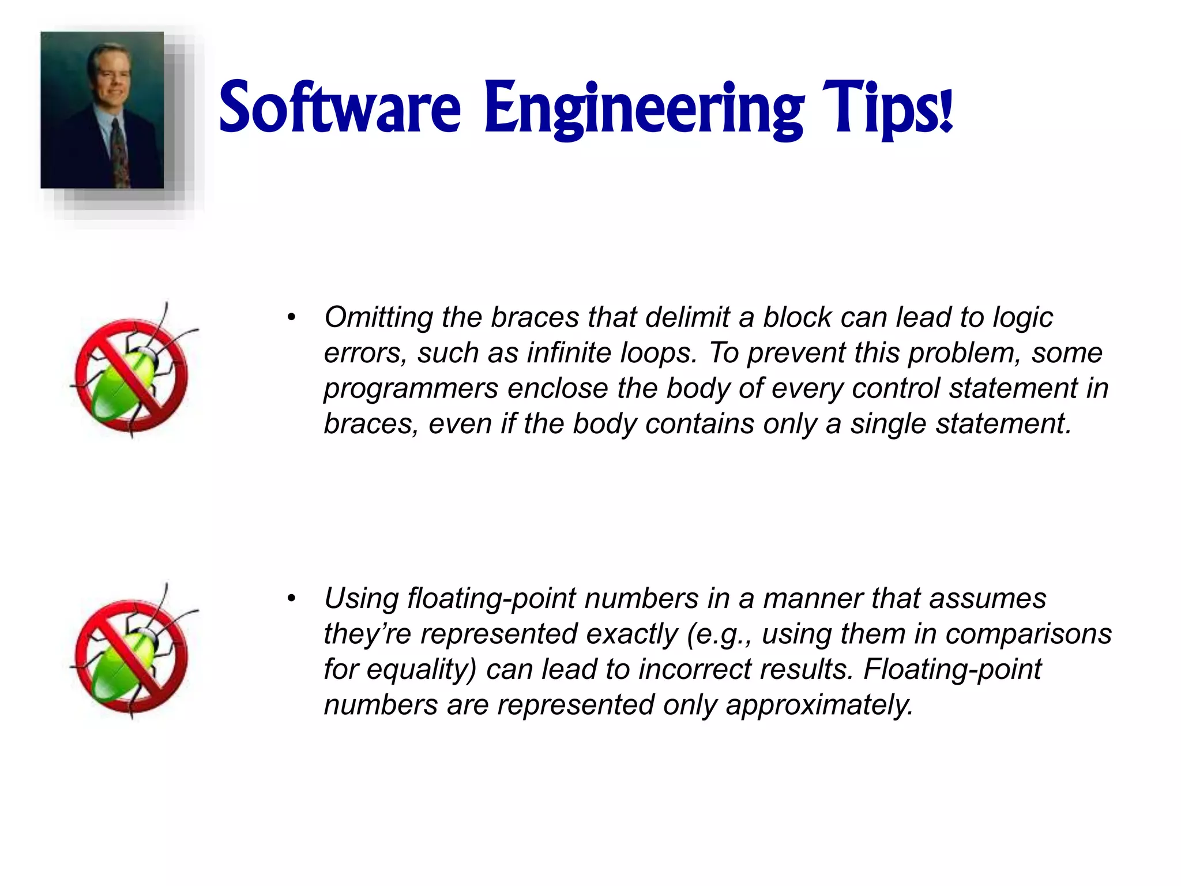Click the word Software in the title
click(340, 108)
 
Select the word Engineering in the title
click(644, 110)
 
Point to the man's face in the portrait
click(110, 78)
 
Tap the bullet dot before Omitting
click(292, 318)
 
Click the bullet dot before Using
click(292, 599)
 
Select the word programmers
click(411, 389)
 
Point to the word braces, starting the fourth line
click(371, 425)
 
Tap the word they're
click(367, 635)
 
